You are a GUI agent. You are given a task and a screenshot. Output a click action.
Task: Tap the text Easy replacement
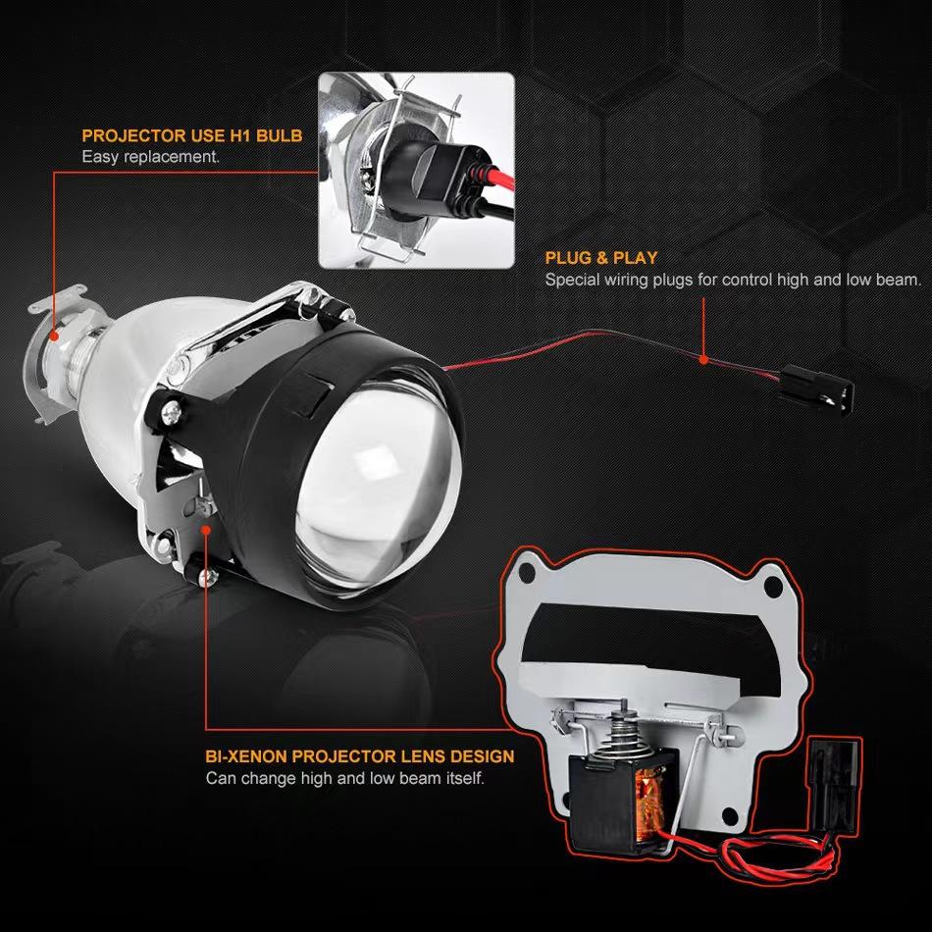pos(150,156)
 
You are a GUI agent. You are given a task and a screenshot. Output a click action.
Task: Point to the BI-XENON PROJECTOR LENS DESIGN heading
pos(360,757)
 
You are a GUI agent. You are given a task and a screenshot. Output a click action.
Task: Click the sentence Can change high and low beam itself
pos(345,779)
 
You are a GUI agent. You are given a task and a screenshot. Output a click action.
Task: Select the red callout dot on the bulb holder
pos(55,334)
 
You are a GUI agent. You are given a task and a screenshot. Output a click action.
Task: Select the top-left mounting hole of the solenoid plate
pos(534,570)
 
